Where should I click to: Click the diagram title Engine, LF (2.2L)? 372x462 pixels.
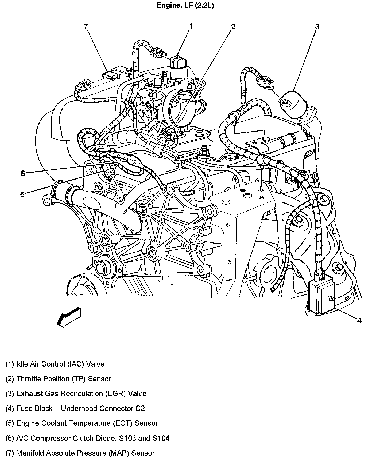pyautogui.click(x=185, y=6)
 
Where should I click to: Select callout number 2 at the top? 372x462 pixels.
pyautogui.click(x=233, y=27)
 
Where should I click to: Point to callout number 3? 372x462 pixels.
pyautogui.click(x=317, y=27)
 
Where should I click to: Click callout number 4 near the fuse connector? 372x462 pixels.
pyautogui.click(x=359, y=320)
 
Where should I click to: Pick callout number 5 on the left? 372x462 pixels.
pyautogui.click(x=22, y=194)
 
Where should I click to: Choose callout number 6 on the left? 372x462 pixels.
pyautogui.click(x=23, y=174)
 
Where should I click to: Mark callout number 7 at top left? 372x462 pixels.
pyautogui.click(x=86, y=27)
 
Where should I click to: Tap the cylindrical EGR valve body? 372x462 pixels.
pyautogui.click(x=293, y=104)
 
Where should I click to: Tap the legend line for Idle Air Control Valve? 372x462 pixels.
pyautogui.click(x=55, y=364)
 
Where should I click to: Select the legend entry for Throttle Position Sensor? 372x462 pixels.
pyautogui.click(x=58, y=379)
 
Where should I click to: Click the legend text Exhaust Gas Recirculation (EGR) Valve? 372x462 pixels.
pyautogui.click(x=76, y=393)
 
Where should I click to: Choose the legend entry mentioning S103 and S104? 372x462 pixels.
pyautogui.click(x=87, y=438)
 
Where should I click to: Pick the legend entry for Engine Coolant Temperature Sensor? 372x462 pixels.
pyautogui.click(x=82, y=423)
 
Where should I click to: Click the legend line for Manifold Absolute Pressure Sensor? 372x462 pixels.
pyautogui.click(x=80, y=453)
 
